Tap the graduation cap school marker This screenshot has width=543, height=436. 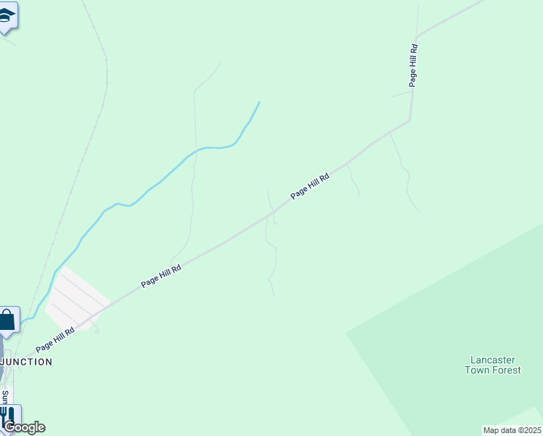[x=7, y=16]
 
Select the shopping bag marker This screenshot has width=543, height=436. [x=7, y=320]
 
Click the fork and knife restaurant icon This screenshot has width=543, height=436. [x=8, y=416]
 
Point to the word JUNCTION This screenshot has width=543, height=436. [x=28, y=361]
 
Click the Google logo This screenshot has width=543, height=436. [x=24, y=427]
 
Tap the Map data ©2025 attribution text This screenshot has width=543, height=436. [x=512, y=430]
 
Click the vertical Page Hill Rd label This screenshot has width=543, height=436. [x=413, y=65]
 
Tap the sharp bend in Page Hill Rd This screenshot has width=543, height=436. [x=410, y=119]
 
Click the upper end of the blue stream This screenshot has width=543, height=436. [x=259, y=102]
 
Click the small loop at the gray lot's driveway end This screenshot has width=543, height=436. [x=97, y=331]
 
